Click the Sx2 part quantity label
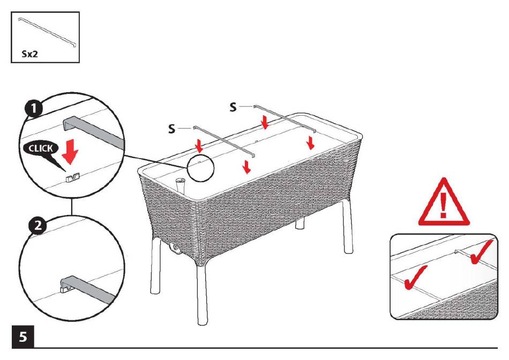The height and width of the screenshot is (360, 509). click(30, 54)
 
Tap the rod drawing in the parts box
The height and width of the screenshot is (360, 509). click(47, 33)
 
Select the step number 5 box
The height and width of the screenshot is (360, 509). click(23, 337)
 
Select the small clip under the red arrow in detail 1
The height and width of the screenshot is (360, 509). click(71, 176)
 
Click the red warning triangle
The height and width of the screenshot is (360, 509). click(443, 202)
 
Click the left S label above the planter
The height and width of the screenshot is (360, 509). click(171, 129)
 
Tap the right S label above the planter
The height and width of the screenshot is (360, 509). click(233, 108)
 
